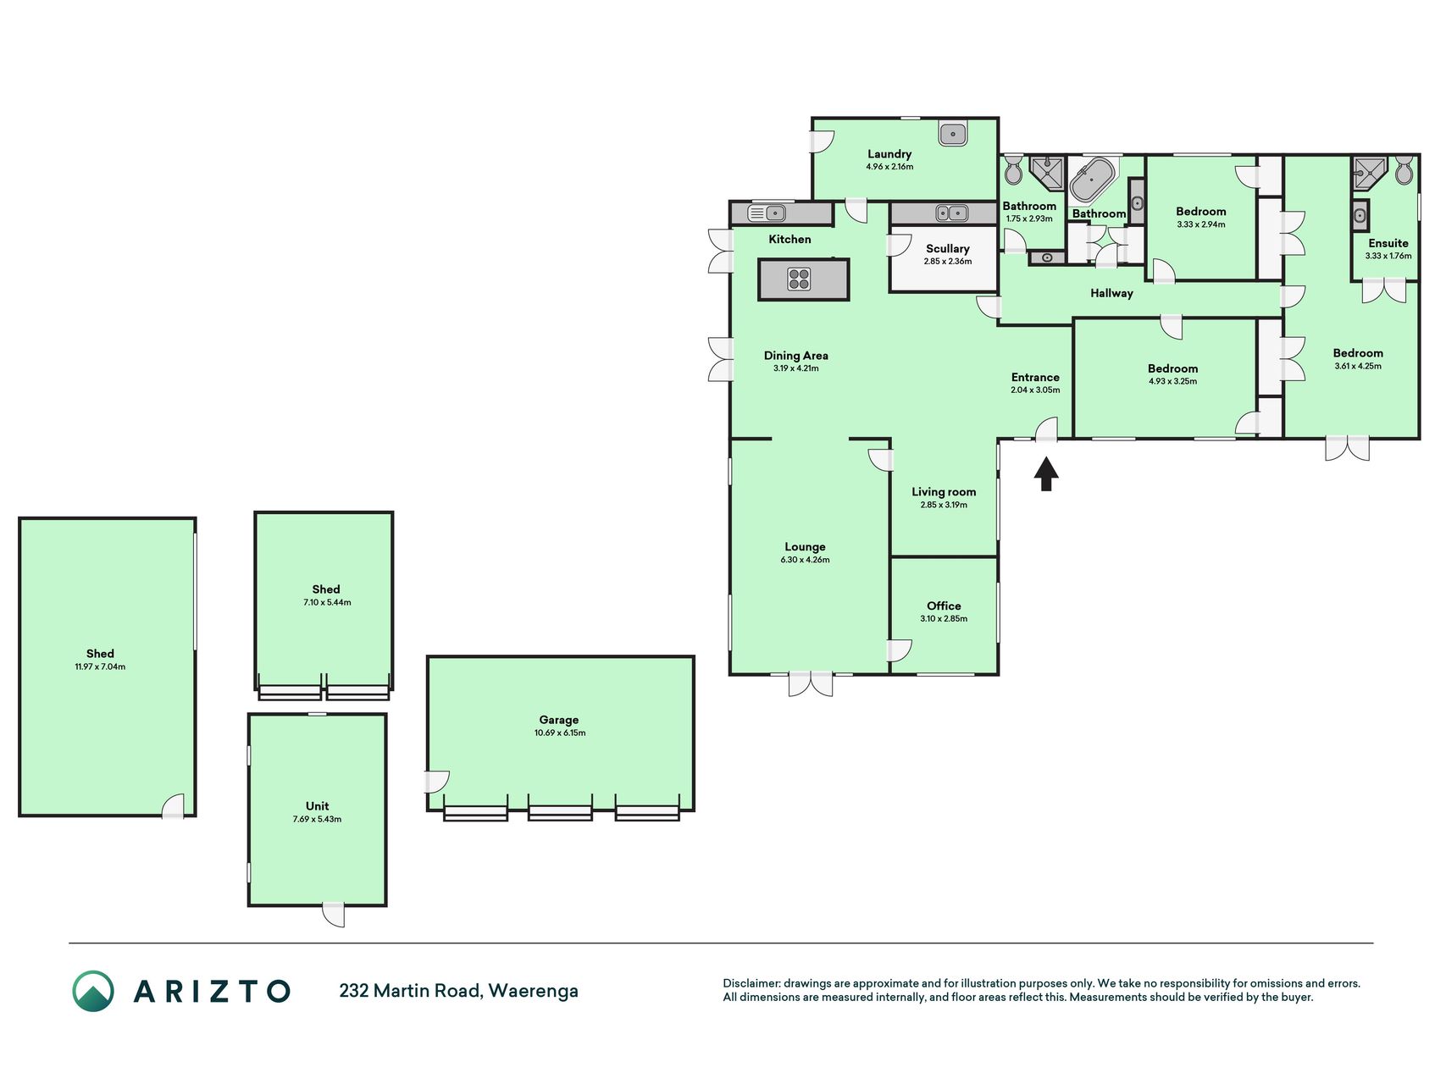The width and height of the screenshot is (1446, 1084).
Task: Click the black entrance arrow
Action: point(1046,473)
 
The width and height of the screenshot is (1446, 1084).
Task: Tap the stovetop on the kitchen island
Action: point(799,279)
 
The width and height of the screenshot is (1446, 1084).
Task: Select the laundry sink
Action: point(954,134)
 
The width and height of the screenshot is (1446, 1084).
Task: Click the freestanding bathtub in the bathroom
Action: point(1093,180)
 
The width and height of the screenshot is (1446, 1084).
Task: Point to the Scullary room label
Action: point(947,249)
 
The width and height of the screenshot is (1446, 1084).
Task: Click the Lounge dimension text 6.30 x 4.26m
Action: point(805,560)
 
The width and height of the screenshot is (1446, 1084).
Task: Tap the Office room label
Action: point(944,606)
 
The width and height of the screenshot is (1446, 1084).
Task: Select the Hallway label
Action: point(1111,293)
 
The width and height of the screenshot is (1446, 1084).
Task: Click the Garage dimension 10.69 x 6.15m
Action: point(559,733)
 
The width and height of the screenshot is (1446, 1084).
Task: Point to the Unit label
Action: point(317,806)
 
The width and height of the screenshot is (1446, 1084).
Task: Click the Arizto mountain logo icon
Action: point(92,991)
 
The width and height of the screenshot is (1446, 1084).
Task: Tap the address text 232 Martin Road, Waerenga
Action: point(458,991)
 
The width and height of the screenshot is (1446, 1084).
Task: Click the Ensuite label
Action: point(1388,243)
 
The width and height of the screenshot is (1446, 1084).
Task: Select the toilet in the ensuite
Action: point(1404,169)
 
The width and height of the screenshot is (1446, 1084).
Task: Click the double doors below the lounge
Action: point(811,683)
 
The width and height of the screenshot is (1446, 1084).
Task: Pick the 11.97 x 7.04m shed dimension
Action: point(100,666)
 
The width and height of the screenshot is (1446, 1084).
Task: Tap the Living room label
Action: point(944,492)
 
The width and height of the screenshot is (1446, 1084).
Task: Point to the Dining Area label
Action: point(795,356)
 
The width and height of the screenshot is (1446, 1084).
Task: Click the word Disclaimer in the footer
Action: point(751,983)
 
